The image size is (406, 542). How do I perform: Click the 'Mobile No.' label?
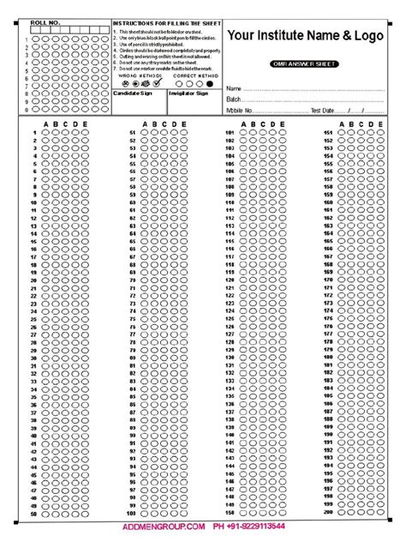pyautogui.click(x=241, y=111)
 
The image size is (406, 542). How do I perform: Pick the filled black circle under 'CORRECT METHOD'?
pyautogui.click(x=209, y=84)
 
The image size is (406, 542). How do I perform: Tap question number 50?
pyautogui.click(x=34, y=513)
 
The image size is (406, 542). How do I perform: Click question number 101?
pyautogui.click(x=230, y=133)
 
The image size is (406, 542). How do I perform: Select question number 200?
pyautogui.click(x=327, y=513)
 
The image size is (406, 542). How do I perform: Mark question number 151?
pyautogui.click(x=327, y=133)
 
